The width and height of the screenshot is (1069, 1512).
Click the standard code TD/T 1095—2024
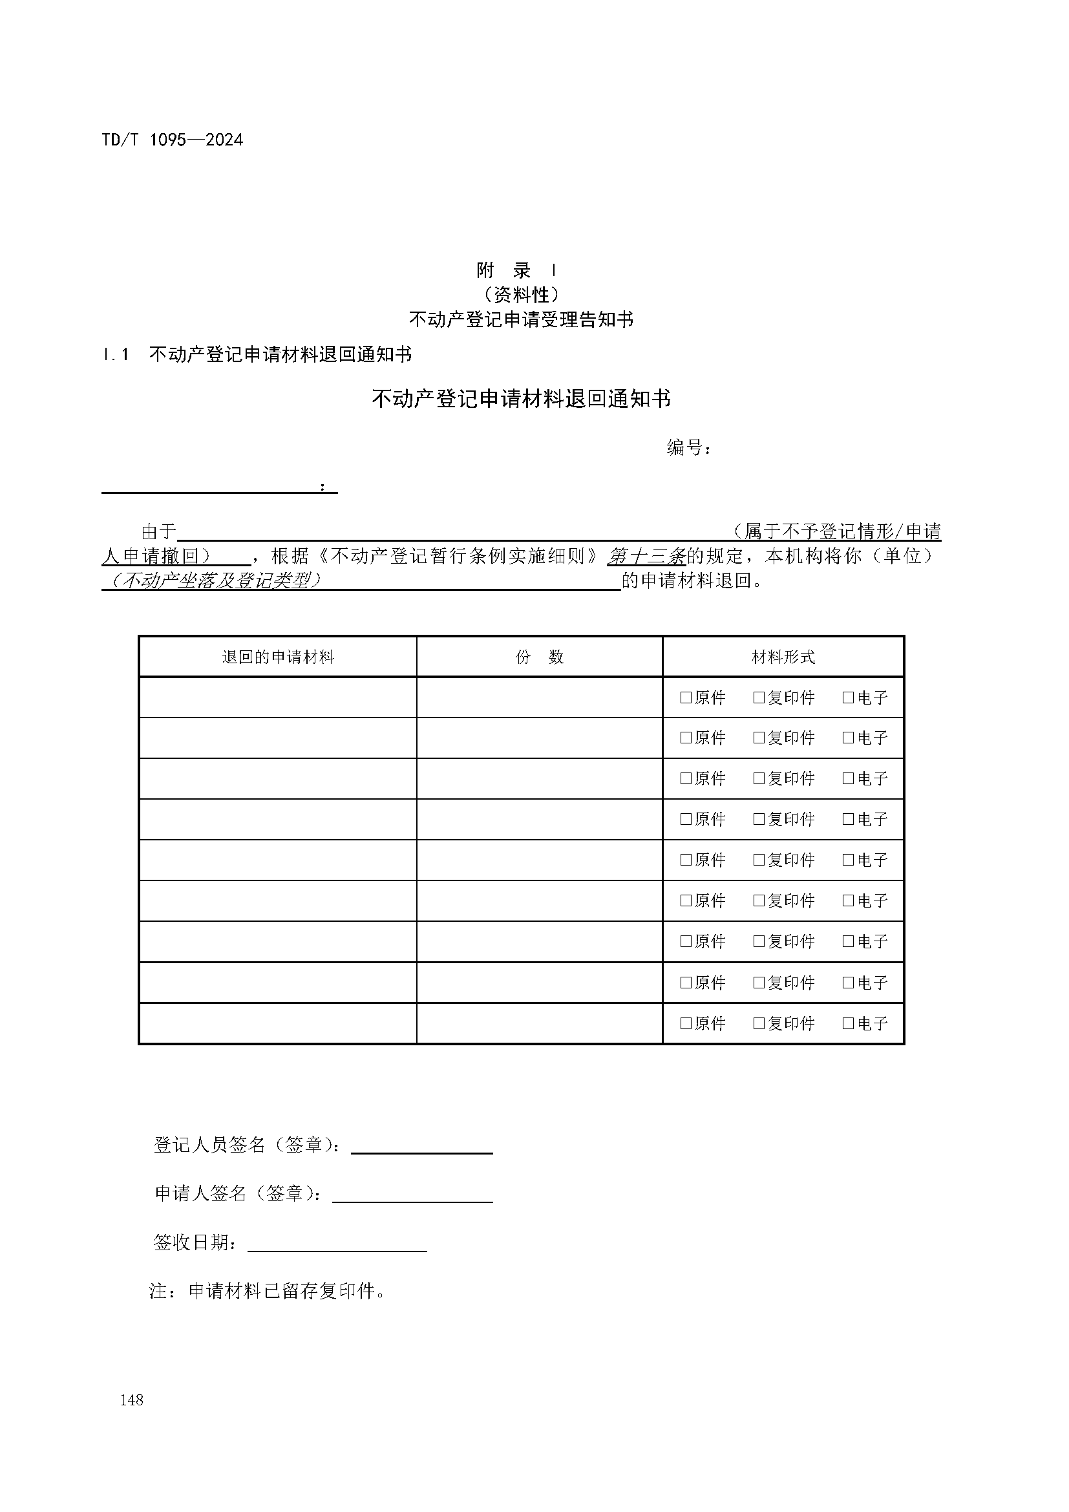click(x=173, y=140)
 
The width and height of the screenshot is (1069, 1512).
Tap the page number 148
click(x=132, y=1400)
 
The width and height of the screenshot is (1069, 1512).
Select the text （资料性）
click(x=521, y=294)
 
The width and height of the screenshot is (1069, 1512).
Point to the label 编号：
click(x=688, y=448)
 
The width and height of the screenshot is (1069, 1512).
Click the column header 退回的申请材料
click(x=278, y=657)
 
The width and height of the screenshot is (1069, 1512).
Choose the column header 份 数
click(x=539, y=657)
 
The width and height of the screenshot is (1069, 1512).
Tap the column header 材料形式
click(x=783, y=657)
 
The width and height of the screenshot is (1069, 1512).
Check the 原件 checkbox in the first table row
click(x=686, y=697)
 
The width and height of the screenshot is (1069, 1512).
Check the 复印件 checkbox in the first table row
click(x=759, y=697)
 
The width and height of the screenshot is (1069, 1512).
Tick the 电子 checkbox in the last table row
click(x=849, y=1023)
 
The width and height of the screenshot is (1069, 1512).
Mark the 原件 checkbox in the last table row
click(x=686, y=1023)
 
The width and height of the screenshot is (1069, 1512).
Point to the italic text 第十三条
click(x=646, y=557)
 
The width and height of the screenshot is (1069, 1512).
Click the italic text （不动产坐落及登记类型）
click(x=217, y=581)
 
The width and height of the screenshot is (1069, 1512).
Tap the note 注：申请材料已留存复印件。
click(x=268, y=1291)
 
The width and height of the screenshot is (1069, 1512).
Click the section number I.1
click(x=116, y=355)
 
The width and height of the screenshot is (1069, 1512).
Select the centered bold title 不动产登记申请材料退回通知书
click(x=521, y=399)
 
